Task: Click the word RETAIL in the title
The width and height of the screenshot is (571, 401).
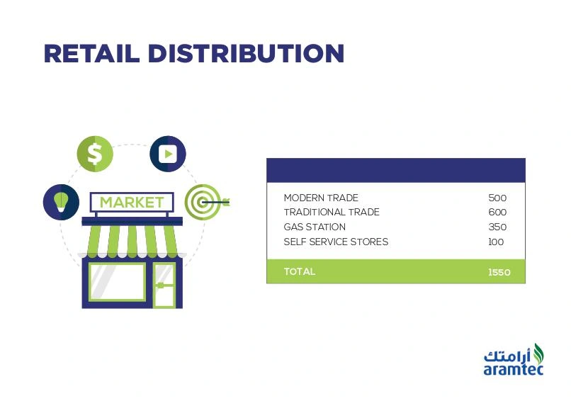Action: (92, 54)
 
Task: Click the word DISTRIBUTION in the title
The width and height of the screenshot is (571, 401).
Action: (246, 54)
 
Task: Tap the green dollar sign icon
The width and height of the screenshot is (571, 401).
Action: (95, 154)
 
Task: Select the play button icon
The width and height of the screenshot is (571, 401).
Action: (168, 154)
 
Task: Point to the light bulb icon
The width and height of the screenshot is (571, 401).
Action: (61, 202)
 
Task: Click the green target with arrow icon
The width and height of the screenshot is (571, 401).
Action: (206, 201)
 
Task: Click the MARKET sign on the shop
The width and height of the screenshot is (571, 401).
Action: (132, 202)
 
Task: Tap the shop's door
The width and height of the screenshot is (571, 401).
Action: (164, 285)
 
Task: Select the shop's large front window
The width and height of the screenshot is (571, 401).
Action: (118, 282)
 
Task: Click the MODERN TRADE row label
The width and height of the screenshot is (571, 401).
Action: (321, 198)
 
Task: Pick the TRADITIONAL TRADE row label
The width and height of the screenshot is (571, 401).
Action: (332, 212)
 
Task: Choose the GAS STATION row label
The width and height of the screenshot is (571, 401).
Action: (315, 227)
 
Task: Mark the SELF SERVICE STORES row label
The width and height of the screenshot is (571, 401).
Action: (336, 242)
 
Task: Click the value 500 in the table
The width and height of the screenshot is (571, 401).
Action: (497, 198)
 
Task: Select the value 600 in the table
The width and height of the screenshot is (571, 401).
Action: (497, 212)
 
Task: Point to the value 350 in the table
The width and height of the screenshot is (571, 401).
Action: (497, 227)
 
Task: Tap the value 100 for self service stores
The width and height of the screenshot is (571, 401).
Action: (496, 242)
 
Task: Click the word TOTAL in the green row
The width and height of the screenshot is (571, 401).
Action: (300, 271)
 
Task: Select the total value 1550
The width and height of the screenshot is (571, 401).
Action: (499, 272)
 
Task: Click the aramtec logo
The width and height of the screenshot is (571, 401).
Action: (514, 359)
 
